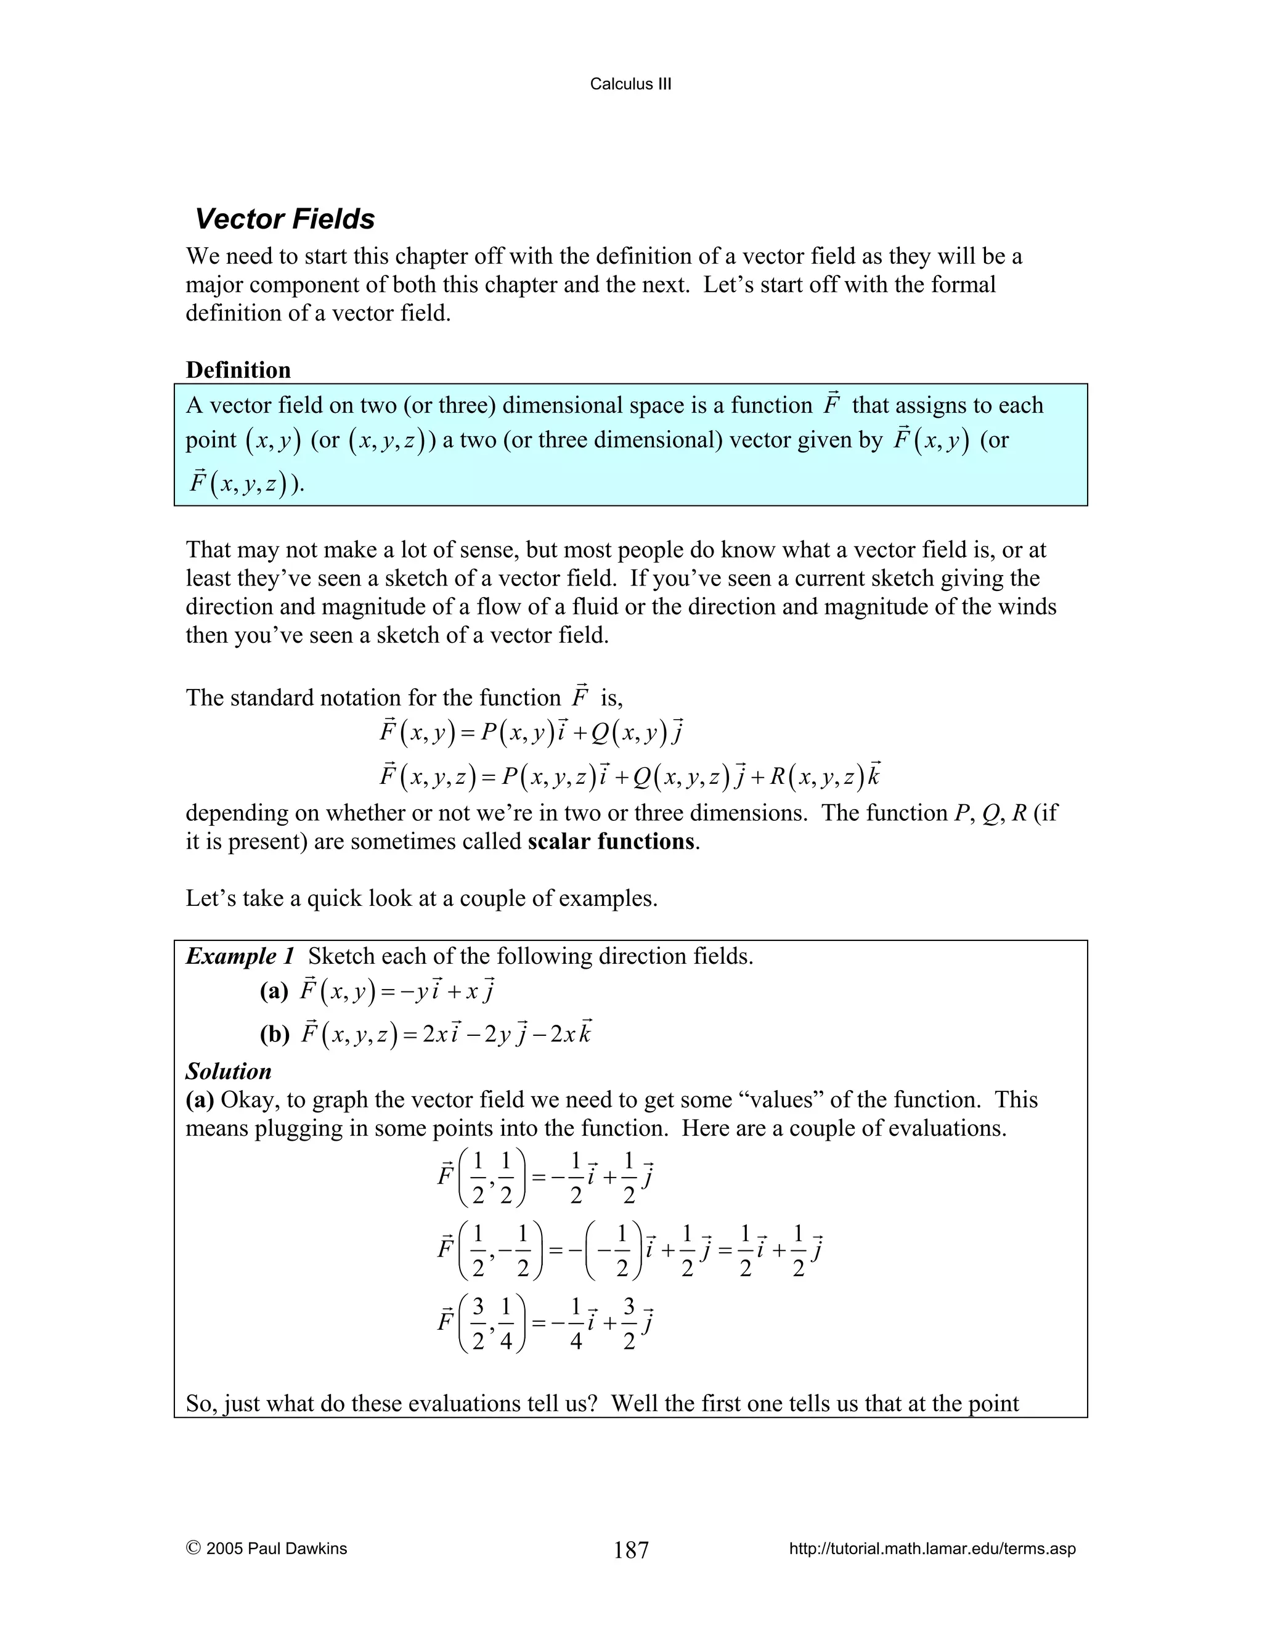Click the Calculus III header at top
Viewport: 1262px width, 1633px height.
(630, 84)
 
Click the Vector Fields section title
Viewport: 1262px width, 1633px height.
(284, 219)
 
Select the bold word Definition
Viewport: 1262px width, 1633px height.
(238, 370)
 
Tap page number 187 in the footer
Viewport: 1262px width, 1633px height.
(631, 1550)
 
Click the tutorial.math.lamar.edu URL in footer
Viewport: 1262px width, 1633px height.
(932, 1549)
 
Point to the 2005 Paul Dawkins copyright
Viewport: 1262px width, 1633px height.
(266, 1549)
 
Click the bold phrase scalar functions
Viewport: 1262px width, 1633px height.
(611, 841)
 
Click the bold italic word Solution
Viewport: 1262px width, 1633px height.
(228, 1072)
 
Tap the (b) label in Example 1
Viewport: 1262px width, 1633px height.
(274, 1035)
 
